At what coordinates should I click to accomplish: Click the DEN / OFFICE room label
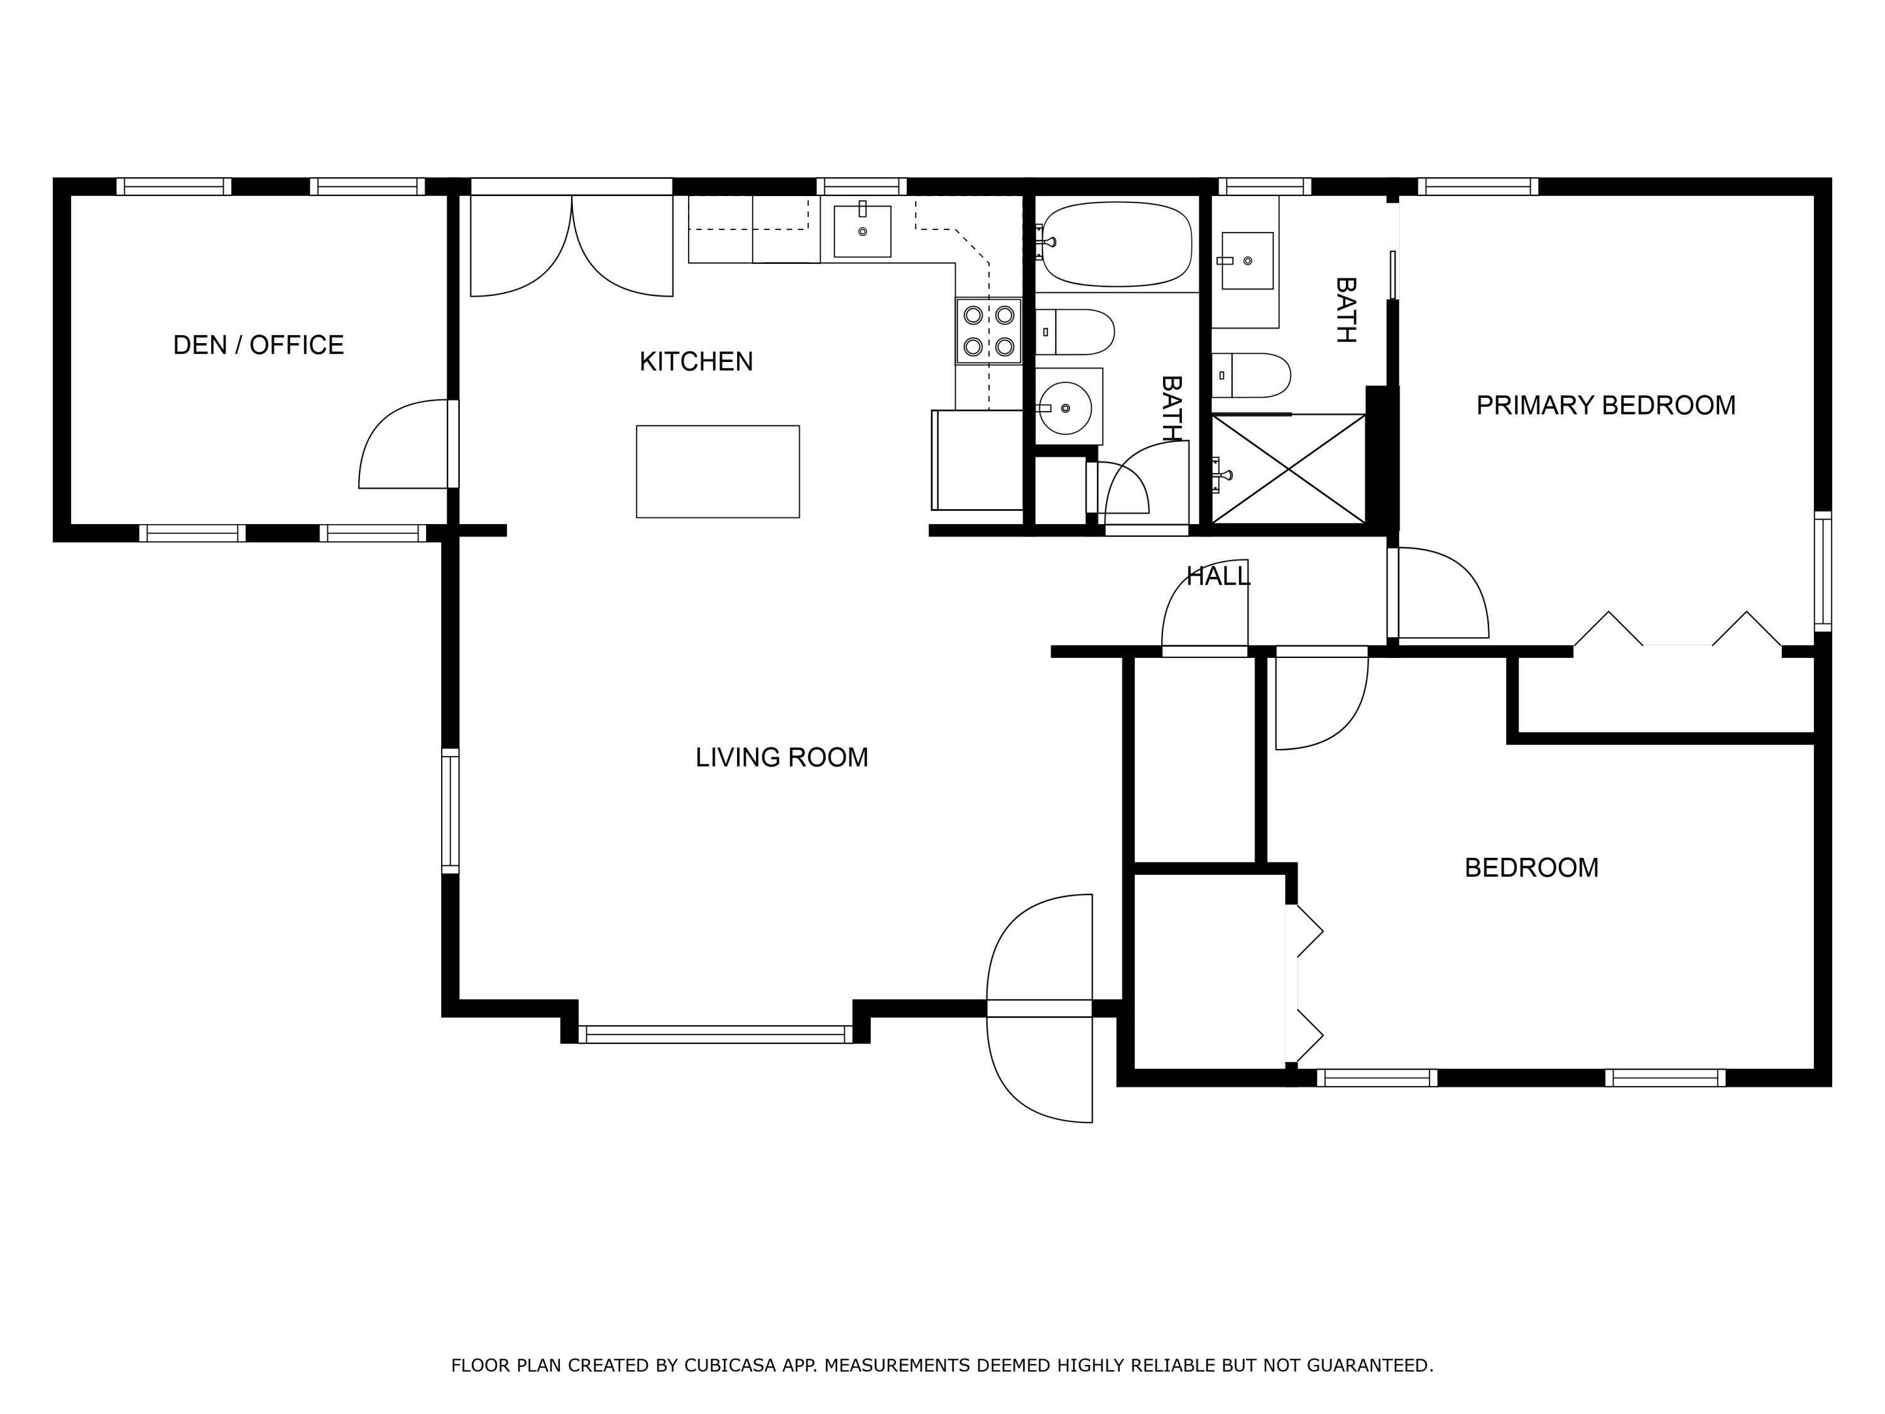pos(258,345)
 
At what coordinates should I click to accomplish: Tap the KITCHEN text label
pos(696,361)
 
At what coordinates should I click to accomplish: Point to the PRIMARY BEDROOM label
pos(1605,406)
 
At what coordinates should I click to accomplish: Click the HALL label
pos(1218,577)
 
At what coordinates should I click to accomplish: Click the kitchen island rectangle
pos(718,471)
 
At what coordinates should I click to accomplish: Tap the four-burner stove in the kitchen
pos(988,331)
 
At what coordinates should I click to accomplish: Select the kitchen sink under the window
pos(863,231)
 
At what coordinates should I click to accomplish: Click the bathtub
pos(1117,244)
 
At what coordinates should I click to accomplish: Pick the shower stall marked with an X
pos(1289,468)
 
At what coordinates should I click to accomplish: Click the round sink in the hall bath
pos(1065,408)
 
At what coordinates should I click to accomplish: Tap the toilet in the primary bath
pos(1253,375)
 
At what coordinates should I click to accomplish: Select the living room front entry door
pos(1040,1008)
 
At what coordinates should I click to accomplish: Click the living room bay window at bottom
pos(715,1034)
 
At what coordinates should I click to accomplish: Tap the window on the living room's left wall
pos(450,811)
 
